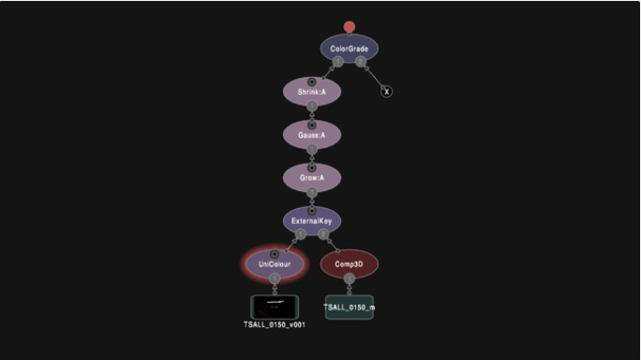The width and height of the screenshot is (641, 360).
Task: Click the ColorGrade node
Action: pyautogui.click(x=350, y=49)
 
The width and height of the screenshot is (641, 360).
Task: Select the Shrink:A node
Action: pyautogui.click(x=312, y=92)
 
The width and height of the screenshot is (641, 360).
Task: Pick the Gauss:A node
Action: pyautogui.click(x=312, y=135)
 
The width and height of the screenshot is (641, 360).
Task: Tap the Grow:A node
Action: pyautogui.click(x=312, y=178)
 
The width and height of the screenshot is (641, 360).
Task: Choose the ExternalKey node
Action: pyautogui.click(x=312, y=221)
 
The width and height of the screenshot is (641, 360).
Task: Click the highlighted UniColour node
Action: pyautogui.click(x=275, y=264)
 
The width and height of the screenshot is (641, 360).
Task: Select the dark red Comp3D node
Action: pyautogui.click(x=350, y=264)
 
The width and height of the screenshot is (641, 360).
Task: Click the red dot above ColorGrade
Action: pyautogui.click(x=350, y=26)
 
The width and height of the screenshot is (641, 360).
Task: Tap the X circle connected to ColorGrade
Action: pyautogui.click(x=387, y=92)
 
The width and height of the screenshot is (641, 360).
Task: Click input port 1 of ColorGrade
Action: pyautogui.click(x=337, y=62)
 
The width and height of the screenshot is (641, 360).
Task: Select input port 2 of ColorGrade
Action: pyautogui.click(x=360, y=62)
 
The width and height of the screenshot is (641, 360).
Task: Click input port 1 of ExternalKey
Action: pyautogui.click(x=301, y=234)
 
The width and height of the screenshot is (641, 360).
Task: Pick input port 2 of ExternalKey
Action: pyautogui.click(x=323, y=234)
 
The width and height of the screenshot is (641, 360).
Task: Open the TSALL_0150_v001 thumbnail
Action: pyautogui.click(x=275, y=307)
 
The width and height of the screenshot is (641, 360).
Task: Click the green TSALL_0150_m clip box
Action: pyautogui.click(x=350, y=307)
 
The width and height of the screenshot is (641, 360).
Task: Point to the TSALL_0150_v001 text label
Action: pyautogui.click(x=275, y=324)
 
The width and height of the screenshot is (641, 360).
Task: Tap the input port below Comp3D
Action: pyautogui.click(x=350, y=278)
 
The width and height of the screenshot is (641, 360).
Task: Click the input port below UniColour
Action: pyautogui.click(x=275, y=278)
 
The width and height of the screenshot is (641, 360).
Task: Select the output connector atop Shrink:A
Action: pyautogui.click(x=312, y=82)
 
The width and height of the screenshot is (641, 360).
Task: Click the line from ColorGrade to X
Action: pyautogui.click(x=374, y=77)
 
